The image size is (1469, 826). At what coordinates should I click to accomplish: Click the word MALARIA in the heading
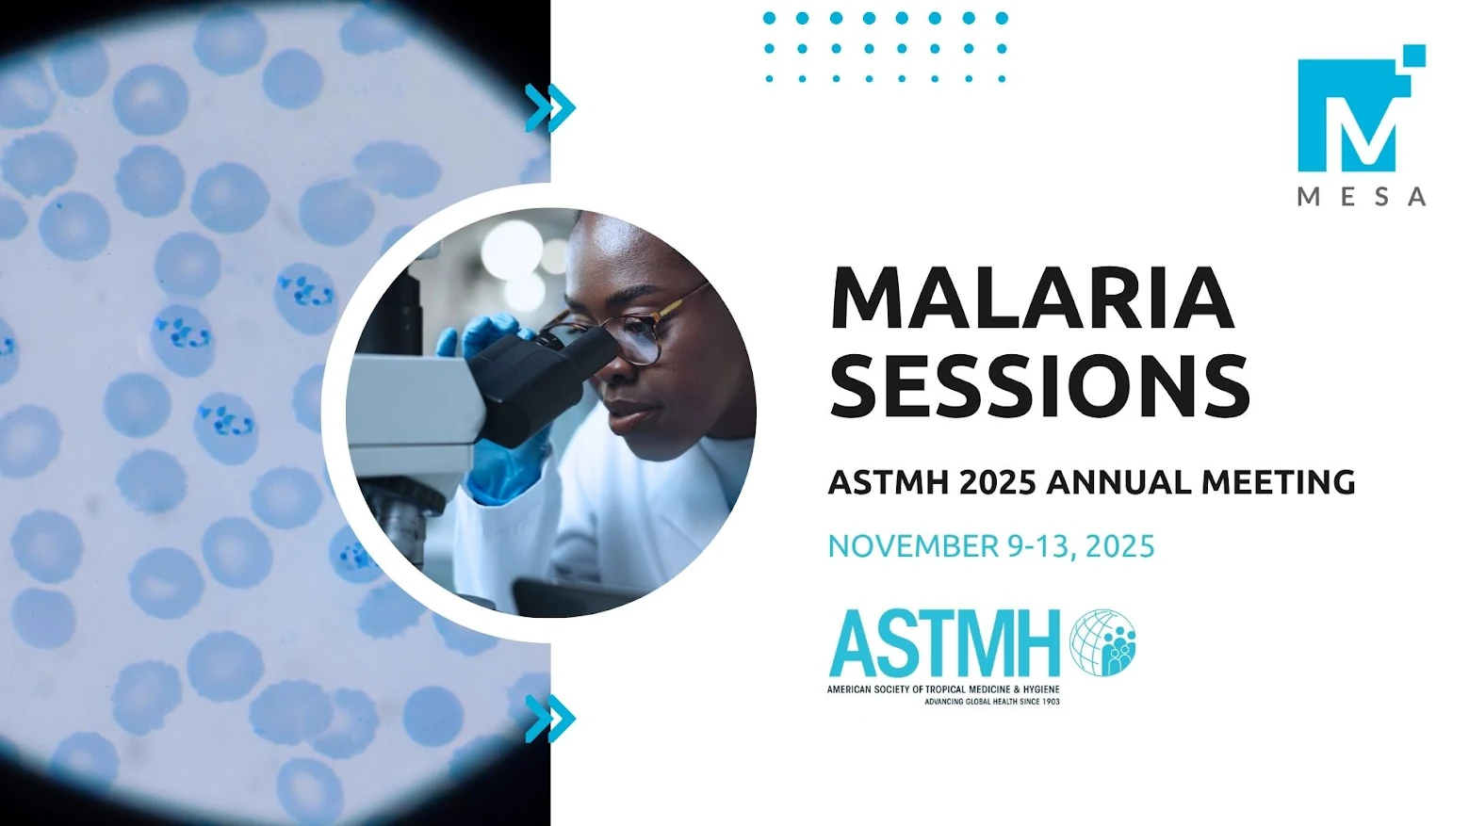(x=1032, y=298)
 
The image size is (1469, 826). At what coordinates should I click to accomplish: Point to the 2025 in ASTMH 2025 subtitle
(x=998, y=482)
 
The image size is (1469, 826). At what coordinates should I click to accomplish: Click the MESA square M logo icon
(x=1362, y=109)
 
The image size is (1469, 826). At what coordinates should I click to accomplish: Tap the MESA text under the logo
(x=1362, y=197)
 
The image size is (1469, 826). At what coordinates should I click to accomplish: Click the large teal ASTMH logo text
(x=944, y=644)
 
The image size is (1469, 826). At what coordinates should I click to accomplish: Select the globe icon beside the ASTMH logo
(x=1102, y=642)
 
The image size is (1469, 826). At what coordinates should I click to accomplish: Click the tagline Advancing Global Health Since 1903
(x=991, y=702)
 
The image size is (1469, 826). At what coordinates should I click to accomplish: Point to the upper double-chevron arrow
(x=550, y=107)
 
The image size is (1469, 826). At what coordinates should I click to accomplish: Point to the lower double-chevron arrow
(x=550, y=719)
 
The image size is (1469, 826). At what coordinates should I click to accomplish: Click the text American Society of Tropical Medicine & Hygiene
(x=943, y=689)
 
